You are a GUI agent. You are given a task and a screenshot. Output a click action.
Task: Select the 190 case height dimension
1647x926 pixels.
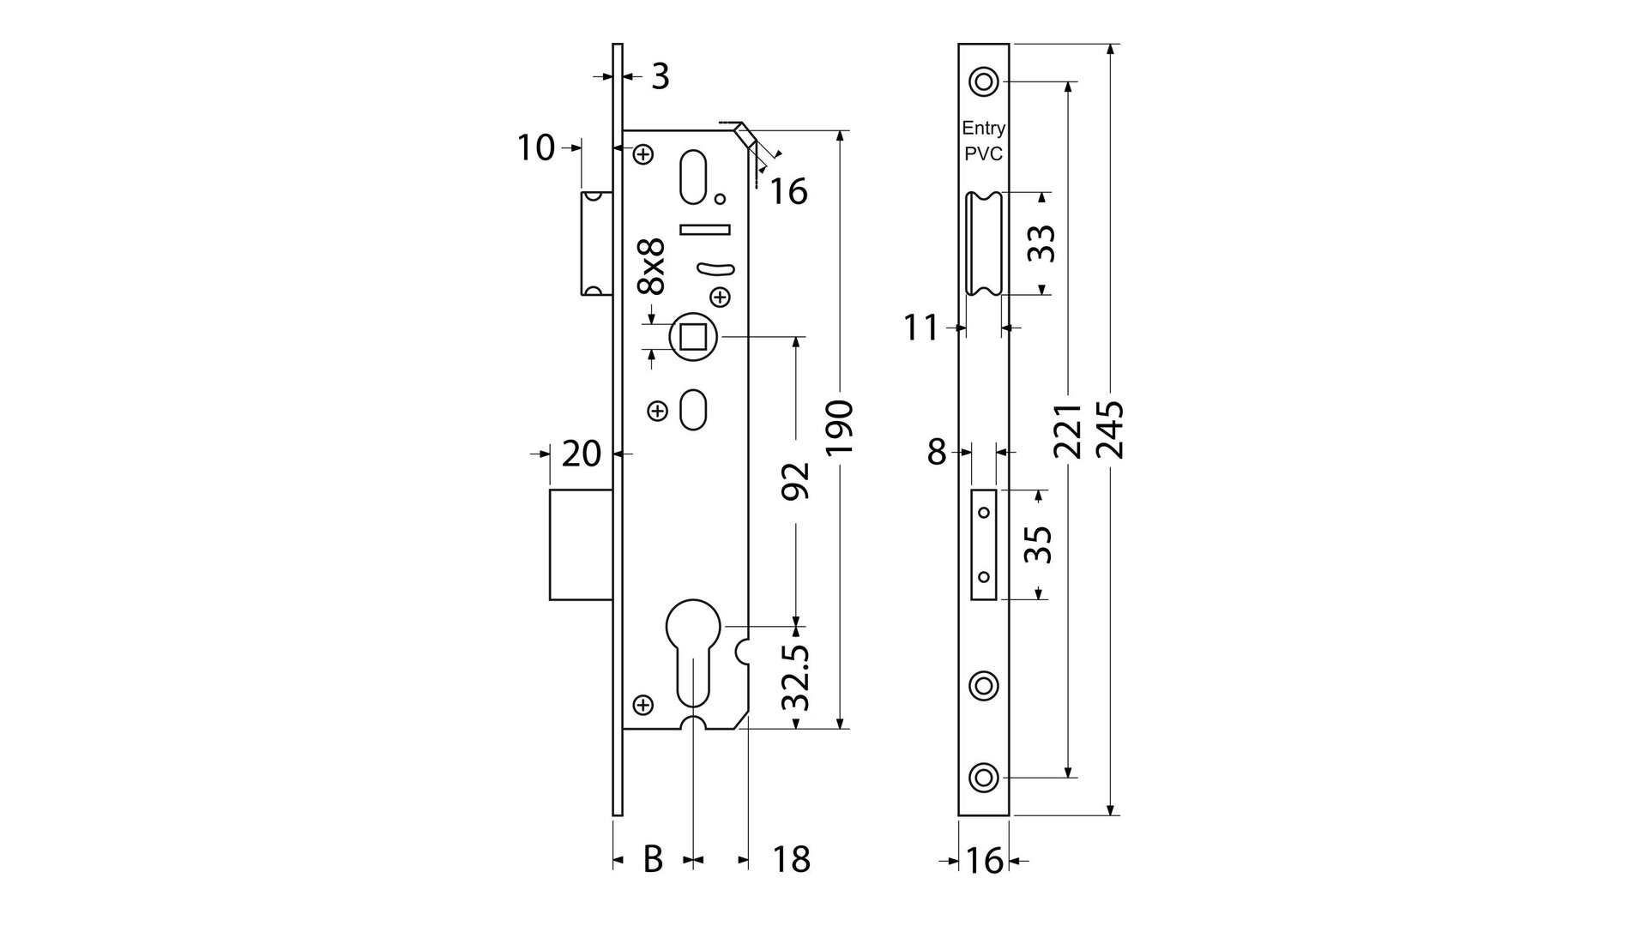840,427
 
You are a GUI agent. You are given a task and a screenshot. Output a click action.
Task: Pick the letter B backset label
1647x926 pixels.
653,858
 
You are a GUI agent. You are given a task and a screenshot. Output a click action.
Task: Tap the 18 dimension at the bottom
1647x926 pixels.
791,858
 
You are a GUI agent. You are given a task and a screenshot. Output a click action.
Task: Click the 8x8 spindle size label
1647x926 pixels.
653,268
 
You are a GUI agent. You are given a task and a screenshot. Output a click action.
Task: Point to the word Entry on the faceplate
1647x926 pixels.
983,129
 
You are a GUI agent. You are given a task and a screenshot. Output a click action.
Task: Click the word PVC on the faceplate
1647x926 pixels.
983,155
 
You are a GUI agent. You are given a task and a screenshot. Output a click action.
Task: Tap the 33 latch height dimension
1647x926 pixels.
1041,243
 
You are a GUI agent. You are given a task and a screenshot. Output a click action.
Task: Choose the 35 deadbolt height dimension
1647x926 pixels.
1039,544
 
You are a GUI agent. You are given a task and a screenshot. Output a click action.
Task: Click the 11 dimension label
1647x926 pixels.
921,328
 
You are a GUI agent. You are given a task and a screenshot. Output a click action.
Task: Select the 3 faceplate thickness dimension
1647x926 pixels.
659,76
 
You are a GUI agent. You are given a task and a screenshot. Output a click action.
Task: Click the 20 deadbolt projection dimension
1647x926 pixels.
581,454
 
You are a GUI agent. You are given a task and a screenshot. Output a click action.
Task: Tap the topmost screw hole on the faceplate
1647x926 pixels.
983,82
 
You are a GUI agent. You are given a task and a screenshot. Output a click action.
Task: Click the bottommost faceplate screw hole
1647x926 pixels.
983,778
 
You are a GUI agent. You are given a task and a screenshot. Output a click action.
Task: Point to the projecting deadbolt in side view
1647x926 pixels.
580,544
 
